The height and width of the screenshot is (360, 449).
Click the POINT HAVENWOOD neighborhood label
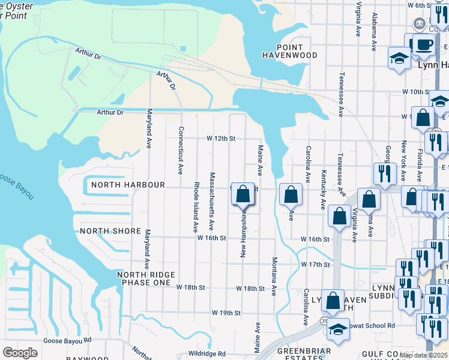289,51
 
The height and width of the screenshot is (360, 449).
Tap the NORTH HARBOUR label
128,185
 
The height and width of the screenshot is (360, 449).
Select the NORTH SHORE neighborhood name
110,231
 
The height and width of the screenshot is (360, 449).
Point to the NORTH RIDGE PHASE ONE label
146,278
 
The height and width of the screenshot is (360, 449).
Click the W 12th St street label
220,139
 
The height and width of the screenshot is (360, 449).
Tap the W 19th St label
226,313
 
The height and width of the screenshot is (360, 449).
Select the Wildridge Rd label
206,354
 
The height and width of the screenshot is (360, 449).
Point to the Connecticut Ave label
179,150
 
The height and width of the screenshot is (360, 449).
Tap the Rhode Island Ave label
196,207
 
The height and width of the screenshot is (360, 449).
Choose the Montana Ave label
274,277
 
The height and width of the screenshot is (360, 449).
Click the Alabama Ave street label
374,31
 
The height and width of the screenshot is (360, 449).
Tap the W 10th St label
414,92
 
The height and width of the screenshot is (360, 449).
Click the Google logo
20,353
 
